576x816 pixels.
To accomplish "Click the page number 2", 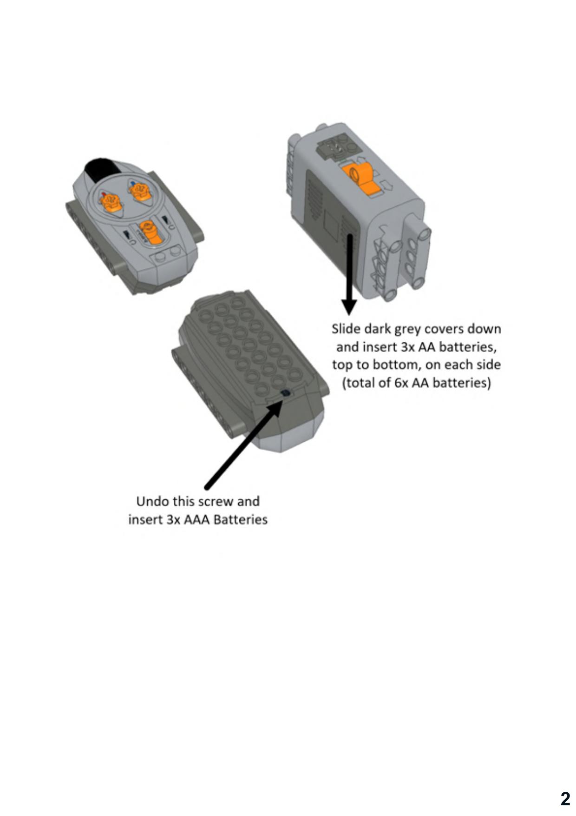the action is point(565,799).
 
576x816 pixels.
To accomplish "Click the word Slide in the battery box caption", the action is point(346,329).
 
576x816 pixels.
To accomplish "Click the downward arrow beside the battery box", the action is point(349,274).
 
